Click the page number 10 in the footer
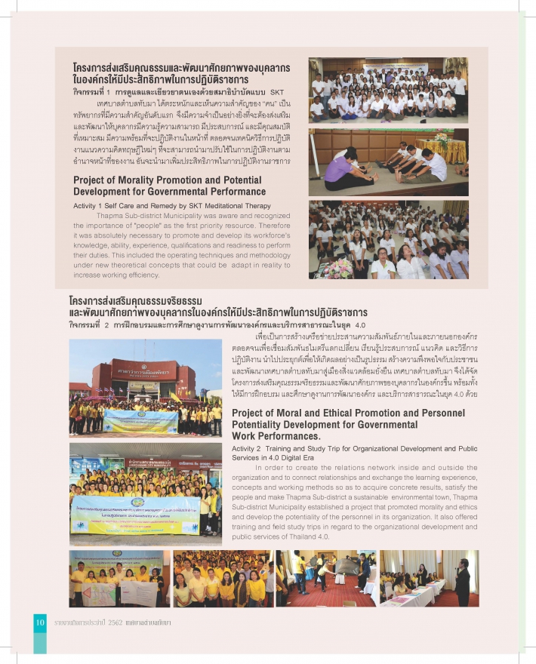[x=40, y=621]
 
